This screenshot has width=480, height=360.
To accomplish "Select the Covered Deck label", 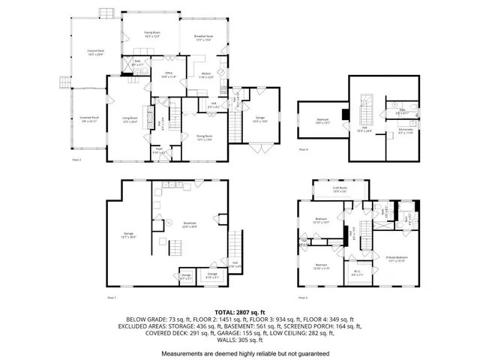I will [95, 52].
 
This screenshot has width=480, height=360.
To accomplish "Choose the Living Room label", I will [130, 118].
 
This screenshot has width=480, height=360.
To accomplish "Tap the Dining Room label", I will [205, 137].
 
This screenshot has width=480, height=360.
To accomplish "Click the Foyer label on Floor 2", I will [160, 150].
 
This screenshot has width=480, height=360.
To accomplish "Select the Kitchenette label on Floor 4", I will [406, 131].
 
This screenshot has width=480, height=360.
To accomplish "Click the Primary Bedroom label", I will [397, 259].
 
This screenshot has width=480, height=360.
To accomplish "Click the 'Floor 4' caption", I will [303, 150].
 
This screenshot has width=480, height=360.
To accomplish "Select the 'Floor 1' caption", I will [112, 298].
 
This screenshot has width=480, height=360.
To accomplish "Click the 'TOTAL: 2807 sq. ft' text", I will [240, 311].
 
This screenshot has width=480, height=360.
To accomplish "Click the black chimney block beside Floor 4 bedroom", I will [345, 115].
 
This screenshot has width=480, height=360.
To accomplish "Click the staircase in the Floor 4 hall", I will [367, 108].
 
